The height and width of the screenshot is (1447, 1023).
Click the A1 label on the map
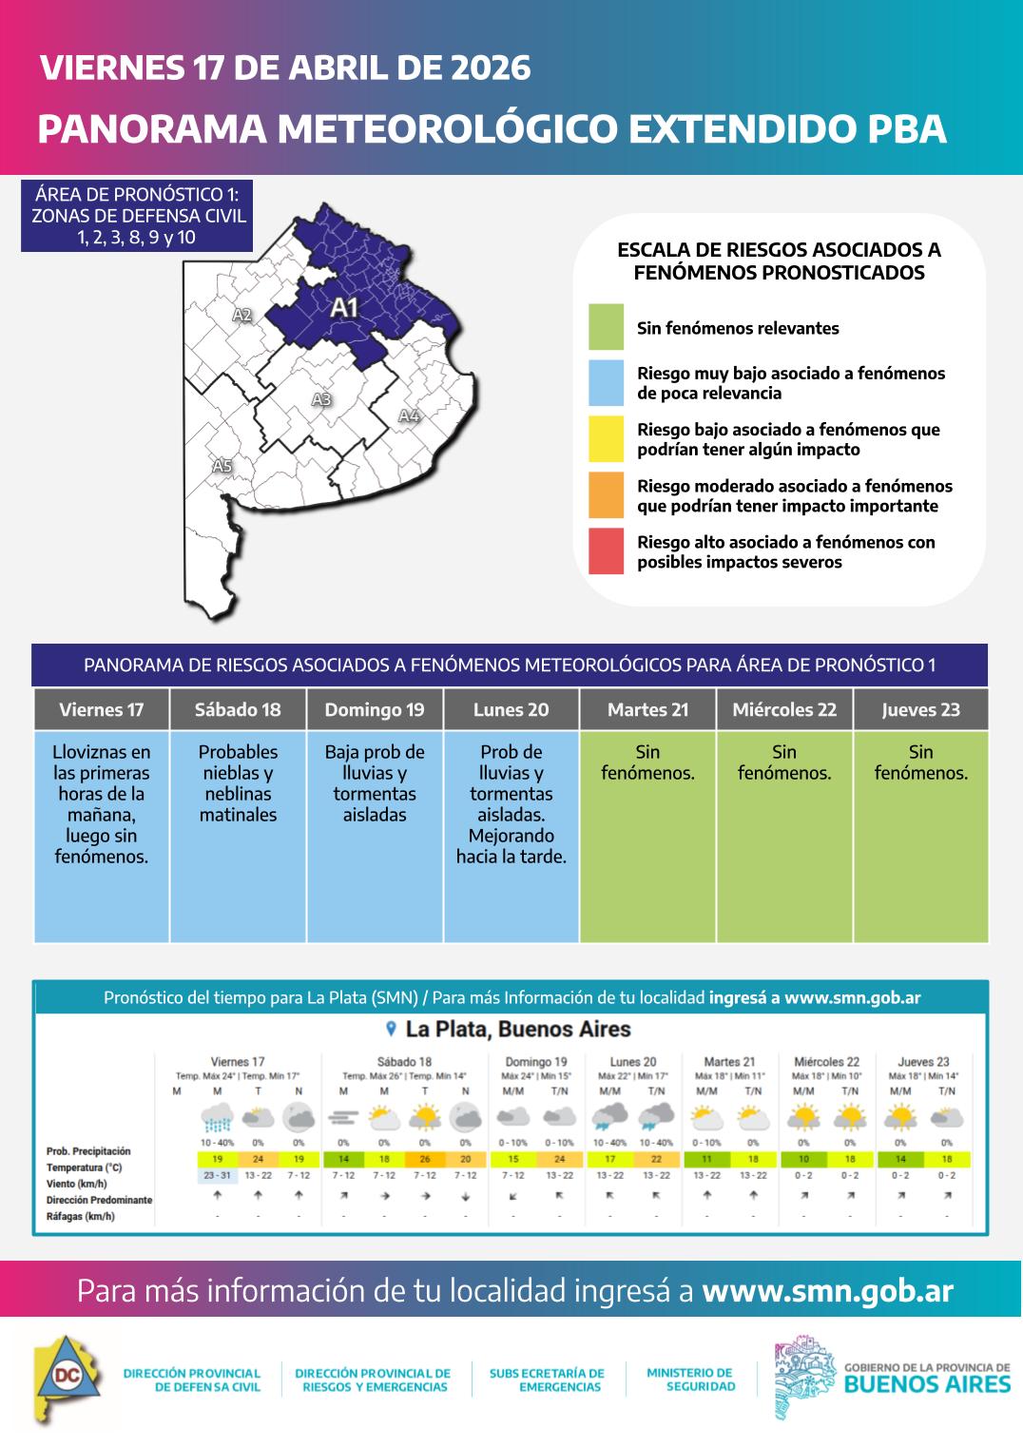pyautogui.click(x=343, y=307)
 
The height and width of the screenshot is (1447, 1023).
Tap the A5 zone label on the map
pyautogui.click(x=222, y=466)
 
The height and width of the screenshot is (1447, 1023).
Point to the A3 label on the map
pyautogui.click(x=321, y=400)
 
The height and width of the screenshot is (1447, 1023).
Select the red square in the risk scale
pyautogui.click(x=606, y=551)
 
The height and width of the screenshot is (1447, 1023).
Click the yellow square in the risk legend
pyautogui.click(x=606, y=439)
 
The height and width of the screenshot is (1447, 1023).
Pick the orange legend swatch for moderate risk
pyautogui.click(x=606, y=495)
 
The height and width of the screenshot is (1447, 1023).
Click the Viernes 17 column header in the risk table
pyautogui.click(x=102, y=710)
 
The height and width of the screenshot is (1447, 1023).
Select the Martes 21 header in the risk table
pyautogui.click(x=647, y=710)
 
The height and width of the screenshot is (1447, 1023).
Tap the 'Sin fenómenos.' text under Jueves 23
pyautogui.click(x=920, y=762)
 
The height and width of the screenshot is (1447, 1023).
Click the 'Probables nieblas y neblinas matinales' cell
pyautogui.click(x=238, y=783)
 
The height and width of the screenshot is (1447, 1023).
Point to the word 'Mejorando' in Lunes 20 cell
pyautogui.click(x=511, y=836)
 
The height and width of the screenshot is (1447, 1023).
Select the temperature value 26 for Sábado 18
pyautogui.click(x=425, y=1160)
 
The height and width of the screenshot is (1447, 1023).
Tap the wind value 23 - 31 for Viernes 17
pyautogui.click(x=217, y=1176)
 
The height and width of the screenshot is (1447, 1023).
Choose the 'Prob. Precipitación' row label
pyautogui.click(x=88, y=1151)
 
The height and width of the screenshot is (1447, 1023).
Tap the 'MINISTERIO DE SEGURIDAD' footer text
pyautogui.click(x=690, y=1379)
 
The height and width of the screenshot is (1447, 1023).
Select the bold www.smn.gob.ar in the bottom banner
pyautogui.click(x=827, y=1291)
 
